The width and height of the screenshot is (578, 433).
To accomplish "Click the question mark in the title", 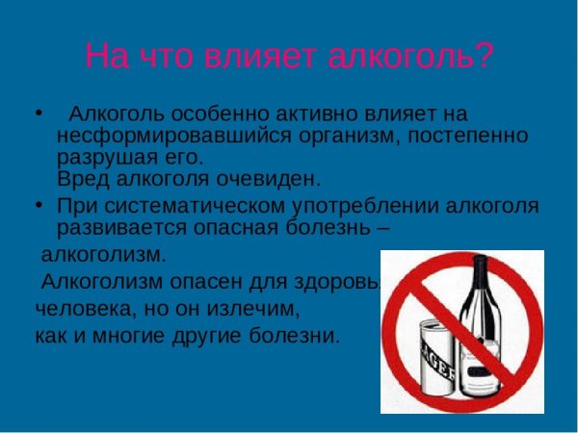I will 484,55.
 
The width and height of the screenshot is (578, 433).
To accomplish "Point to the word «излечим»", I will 260,310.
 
